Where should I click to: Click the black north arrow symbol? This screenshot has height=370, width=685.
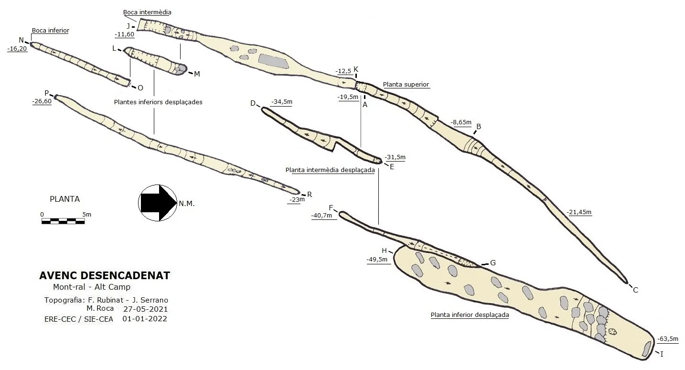[x=158, y=203]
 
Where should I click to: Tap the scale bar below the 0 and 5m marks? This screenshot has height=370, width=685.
[x=63, y=221]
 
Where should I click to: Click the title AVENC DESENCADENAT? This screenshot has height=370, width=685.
[x=105, y=275]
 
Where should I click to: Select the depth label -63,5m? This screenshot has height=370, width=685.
[x=668, y=339]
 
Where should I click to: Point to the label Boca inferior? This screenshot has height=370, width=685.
[x=51, y=30]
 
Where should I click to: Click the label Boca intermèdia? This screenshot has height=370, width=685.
[x=147, y=12]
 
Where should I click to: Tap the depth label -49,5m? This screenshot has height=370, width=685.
[x=377, y=260]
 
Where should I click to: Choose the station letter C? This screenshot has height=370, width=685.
[x=635, y=290]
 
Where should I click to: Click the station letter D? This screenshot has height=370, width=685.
[x=253, y=103]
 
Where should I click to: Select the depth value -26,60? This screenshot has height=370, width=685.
[x=42, y=101]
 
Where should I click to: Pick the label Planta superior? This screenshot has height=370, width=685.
[x=406, y=85]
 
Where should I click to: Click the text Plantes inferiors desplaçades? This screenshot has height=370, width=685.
[x=158, y=102]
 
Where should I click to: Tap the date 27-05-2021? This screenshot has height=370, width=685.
[x=146, y=309]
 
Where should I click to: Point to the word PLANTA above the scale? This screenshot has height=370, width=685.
[x=65, y=199]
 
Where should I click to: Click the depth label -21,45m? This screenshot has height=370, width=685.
[x=579, y=212]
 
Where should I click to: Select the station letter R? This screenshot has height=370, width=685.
[x=310, y=195]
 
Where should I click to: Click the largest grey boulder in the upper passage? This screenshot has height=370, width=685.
[x=273, y=61]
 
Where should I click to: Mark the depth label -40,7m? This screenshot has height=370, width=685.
[x=321, y=216]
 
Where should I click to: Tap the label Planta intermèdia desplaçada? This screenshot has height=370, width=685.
[x=330, y=170]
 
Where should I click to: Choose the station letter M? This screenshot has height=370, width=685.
[x=197, y=74]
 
